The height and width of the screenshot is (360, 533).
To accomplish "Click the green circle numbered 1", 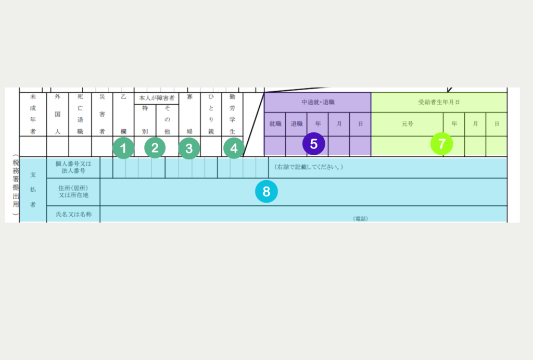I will tap(123, 148).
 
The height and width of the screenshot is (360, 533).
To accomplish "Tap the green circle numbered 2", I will tap(155, 148).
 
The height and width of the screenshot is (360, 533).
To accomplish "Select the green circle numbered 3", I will tap(189, 148).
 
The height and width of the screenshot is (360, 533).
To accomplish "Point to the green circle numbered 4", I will tap(234, 148).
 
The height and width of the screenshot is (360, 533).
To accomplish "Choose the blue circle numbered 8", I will tap(266, 192).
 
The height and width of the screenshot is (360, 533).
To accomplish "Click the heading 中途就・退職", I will tap(318, 103).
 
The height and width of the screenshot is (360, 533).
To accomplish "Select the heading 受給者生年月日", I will tap(439, 103).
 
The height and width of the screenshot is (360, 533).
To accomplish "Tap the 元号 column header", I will tap(407, 125).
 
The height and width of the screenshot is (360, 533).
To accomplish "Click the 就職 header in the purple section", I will tap(275, 125).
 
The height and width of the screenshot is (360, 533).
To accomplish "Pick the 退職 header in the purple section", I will tap(296, 125).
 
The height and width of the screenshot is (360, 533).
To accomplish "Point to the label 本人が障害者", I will tap(157, 98).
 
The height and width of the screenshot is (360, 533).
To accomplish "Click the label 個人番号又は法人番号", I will tap(73, 167).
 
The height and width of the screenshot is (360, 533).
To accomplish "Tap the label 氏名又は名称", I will tap(73, 214).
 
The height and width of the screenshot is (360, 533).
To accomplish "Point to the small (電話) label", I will tap(360, 218).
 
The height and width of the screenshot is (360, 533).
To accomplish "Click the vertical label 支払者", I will tap(33, 190).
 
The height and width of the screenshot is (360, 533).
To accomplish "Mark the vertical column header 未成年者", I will tap(33, 115).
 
